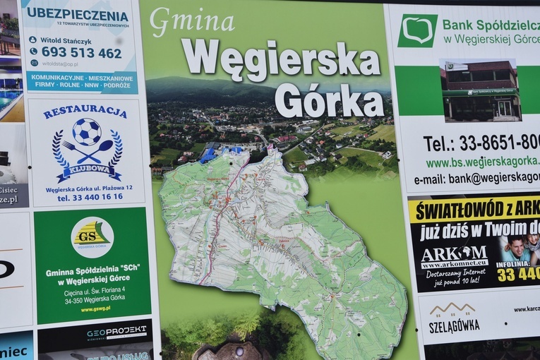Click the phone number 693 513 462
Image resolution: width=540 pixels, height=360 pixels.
point(81,53)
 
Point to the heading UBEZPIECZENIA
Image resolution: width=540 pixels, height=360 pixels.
point(78,14)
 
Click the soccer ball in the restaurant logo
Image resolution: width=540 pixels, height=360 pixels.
point(86,131)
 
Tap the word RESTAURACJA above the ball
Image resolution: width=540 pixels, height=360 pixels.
point(85,112)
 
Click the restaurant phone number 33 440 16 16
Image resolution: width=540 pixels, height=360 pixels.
point(90,198)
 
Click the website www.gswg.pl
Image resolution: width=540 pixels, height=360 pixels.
point(94,309)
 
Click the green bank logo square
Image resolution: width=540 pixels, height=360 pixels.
point(417,31)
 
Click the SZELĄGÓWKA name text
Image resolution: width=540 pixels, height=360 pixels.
point(454,326)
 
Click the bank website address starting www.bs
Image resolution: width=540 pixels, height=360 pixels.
point(482,163)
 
